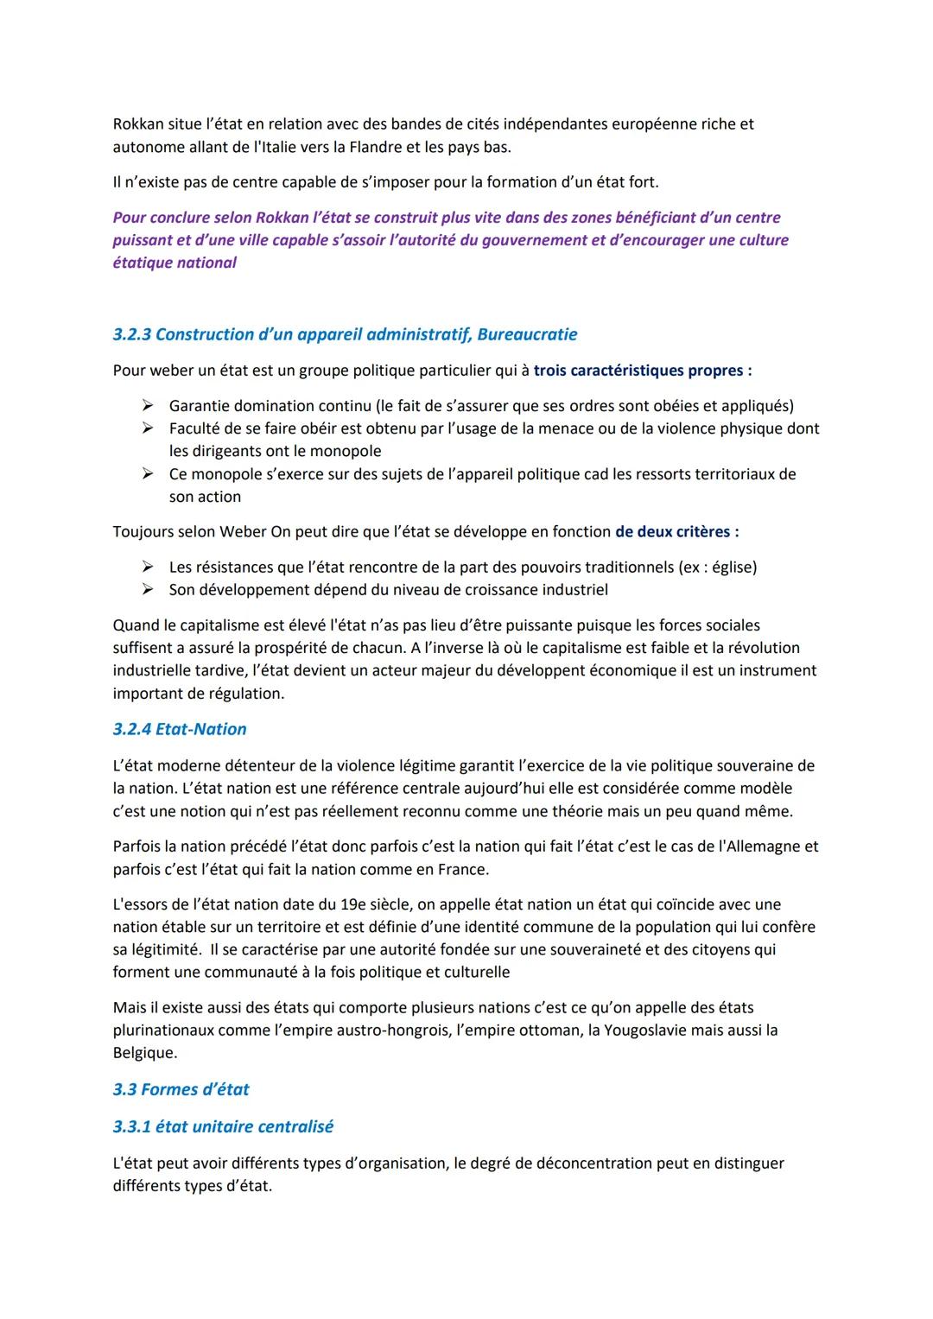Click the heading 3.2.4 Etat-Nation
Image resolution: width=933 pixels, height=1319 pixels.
tap(180, 729)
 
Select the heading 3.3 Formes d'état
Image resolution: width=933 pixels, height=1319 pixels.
tap(181, 1089)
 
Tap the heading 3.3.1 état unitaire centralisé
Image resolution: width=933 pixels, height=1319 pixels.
tap(223, 1126)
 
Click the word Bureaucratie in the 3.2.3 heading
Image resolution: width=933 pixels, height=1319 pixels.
tap(527, 334)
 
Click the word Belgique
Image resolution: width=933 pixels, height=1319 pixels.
tap(143, 1053)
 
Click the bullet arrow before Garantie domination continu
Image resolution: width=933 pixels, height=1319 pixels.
tap(148, 405)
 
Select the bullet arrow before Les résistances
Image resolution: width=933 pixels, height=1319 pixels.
tap(148, 567)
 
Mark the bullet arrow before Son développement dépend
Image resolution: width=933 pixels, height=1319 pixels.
tap(148, 590)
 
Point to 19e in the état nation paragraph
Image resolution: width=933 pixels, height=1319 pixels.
tap(355, 904)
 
